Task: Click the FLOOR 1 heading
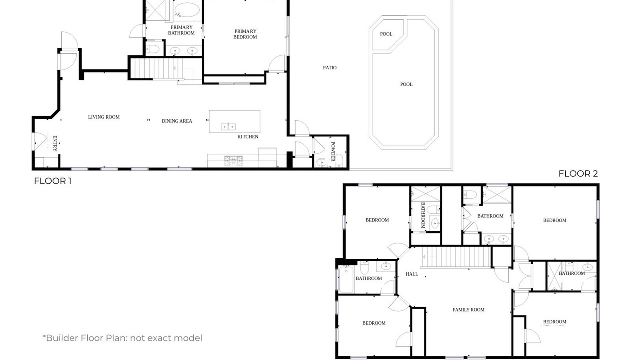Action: (x=53, y=181)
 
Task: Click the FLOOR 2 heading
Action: (x=578, y=174)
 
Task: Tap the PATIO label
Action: (x=330, y=68)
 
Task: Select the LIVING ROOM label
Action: (x=104, y=117)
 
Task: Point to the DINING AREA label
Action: (x=177, y=121)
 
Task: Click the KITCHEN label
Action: (x=248, y=137)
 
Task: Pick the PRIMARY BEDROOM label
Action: (x=245, y=34)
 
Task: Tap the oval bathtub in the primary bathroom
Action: (x=187, y=10)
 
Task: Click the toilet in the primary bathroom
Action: (x=153, y=49)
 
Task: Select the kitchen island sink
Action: (x=228, y=126)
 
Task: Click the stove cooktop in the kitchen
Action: (x=233, y=160)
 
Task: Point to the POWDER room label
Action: (x=333, y=151)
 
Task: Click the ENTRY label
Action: (x=55, y=143)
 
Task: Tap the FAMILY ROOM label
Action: (x=469, y=309)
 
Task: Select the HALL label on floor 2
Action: (x=412, y=274)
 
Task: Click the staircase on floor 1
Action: (x=157, y=68)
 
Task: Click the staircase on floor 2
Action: (x=456, y=257)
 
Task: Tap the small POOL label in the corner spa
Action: (x=386, y=34)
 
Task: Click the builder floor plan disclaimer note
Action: (x=122, y=338)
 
